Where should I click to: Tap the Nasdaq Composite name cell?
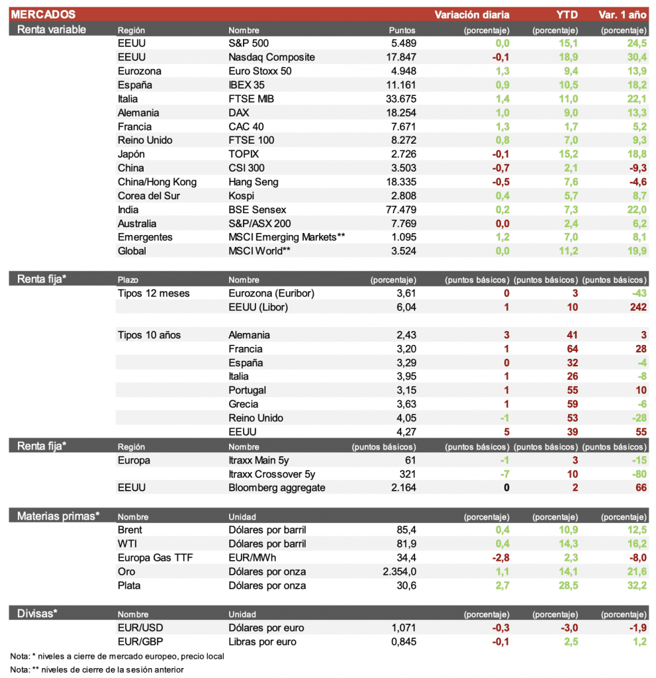[x=271, y=57]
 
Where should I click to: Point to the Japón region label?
[x=131, y=154]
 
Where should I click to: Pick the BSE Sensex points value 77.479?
[x=398, y=210]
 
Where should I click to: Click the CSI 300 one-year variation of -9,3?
[x=636, y=168]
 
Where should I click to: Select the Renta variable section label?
[x=52, y=29]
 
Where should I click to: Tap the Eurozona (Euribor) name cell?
[x=271, y=293]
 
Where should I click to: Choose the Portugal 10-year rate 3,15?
[x=404, y=391]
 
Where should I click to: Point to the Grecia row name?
[x=244, y=405]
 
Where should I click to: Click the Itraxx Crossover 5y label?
[x=271, y=474]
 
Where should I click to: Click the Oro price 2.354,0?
[x=395, y=571]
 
